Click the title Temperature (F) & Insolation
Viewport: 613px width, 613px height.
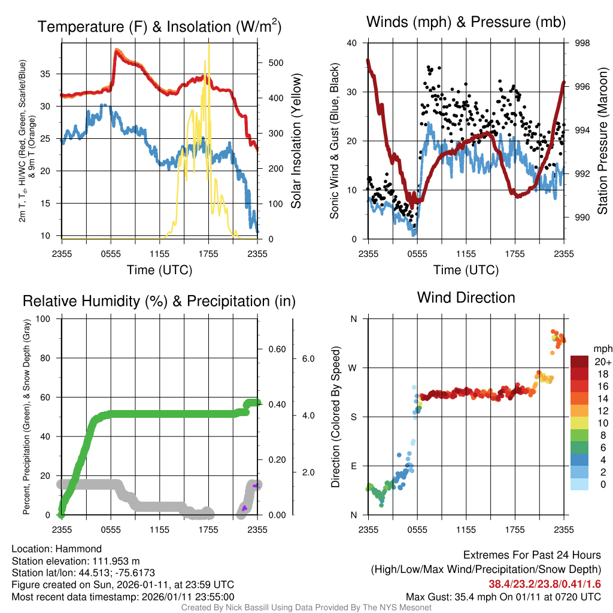[159, 27]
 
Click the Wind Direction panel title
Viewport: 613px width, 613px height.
[466, 298]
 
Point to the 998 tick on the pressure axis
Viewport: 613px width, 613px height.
[582, 43]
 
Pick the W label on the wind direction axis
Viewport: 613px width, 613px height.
[353, 368]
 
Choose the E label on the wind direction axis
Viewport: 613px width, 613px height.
[353, 466]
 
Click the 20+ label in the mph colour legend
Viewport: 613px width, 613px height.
[603, 362]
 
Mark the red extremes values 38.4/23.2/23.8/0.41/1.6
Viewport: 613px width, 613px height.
[545, 584]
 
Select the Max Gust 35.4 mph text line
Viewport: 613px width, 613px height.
[503, 596]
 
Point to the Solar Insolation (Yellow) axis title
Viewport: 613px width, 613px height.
[296, 141]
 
